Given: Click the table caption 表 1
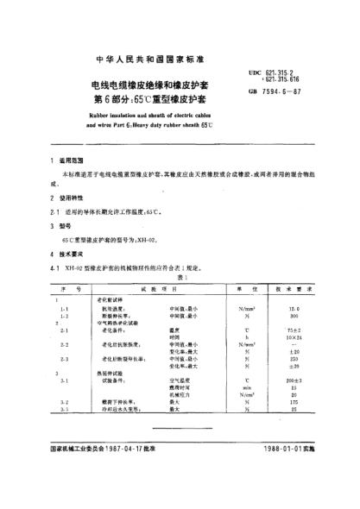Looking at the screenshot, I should (180, 278).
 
